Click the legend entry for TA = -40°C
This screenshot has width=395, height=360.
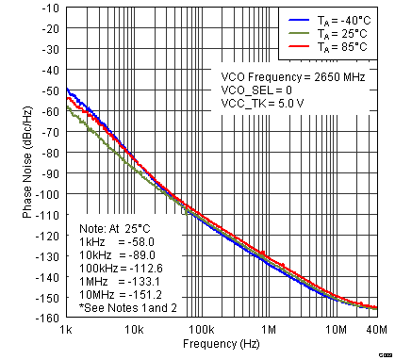click(x=320, y=20)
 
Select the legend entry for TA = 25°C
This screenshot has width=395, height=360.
click(x=320, y=33)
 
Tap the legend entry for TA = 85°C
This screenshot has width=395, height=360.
click(x=320, y=46)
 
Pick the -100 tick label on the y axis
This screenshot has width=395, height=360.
click(x=46, y=195)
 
